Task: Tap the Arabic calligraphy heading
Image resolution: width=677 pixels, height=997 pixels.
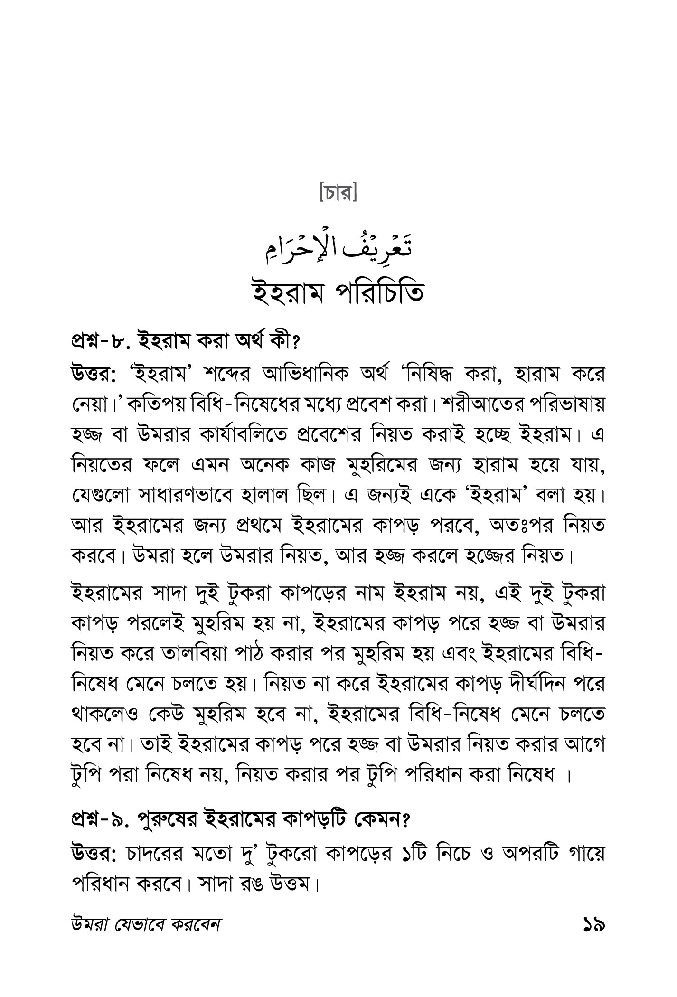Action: click(x=338, y=251)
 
